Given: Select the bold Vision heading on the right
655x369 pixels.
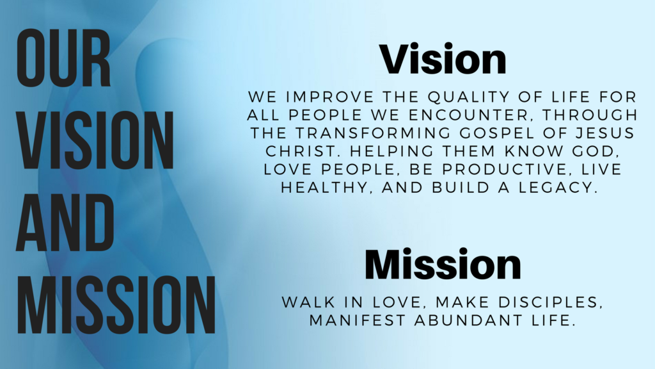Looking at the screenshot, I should coord(443,59).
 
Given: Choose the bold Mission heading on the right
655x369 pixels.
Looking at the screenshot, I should coord(443,264).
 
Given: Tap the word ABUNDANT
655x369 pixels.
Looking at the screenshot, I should coord(466,319).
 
